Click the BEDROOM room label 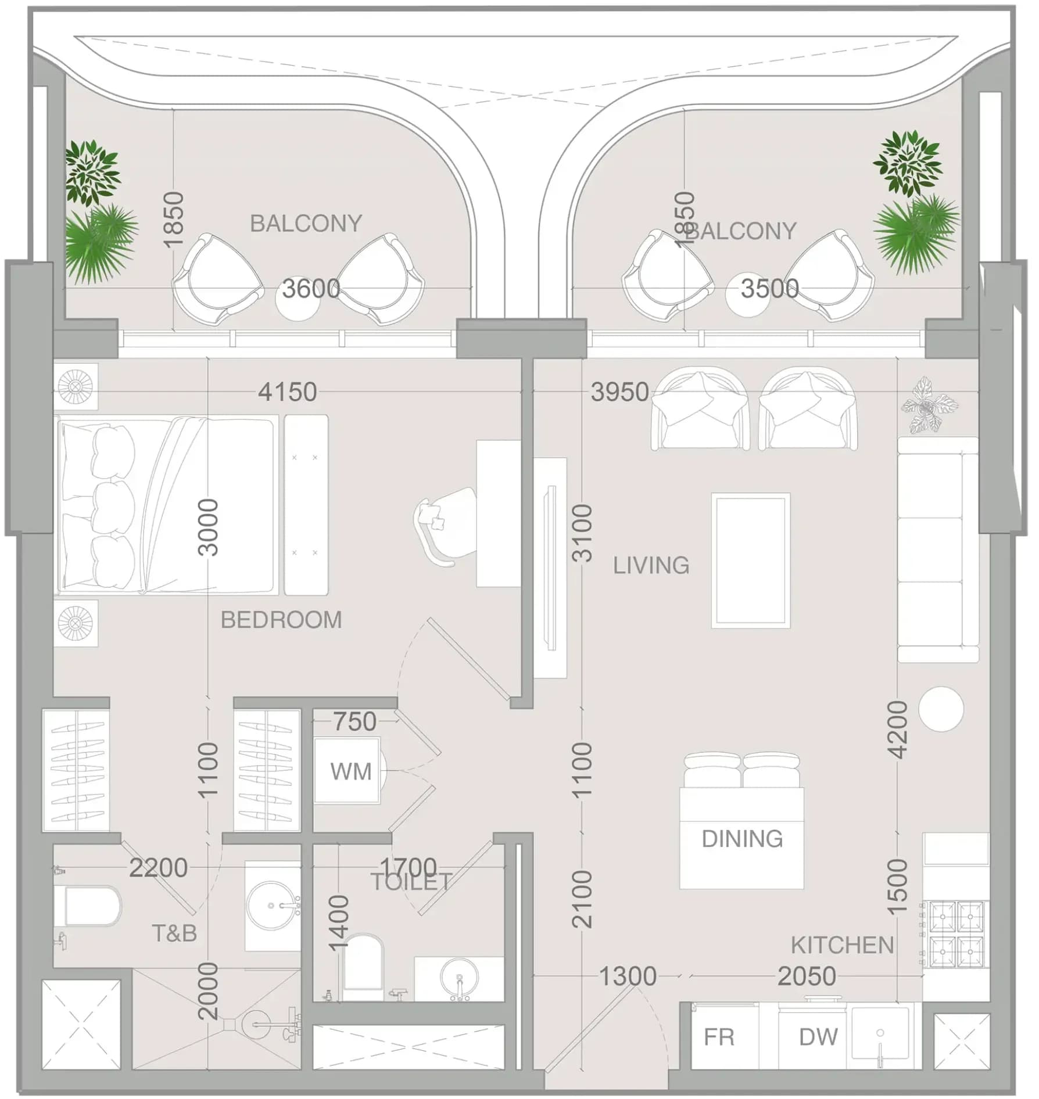[x=281, y=620]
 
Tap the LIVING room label [x=651, y=565]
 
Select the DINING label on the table [x=742, y=839]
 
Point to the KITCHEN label [x=842, y=945]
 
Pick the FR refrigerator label [x=719, y=1036]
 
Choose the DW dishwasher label [x=818, y=1036]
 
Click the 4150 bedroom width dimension [x=288, y=392]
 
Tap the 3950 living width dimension [x=619, y=392]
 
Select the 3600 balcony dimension [x=311, y=289]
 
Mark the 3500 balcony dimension [x=769, y=289]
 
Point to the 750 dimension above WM [x=354, y=721]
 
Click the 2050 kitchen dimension [x=807, y=976]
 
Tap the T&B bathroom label [x=174, y=933]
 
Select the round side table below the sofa [x=941, y=709]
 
